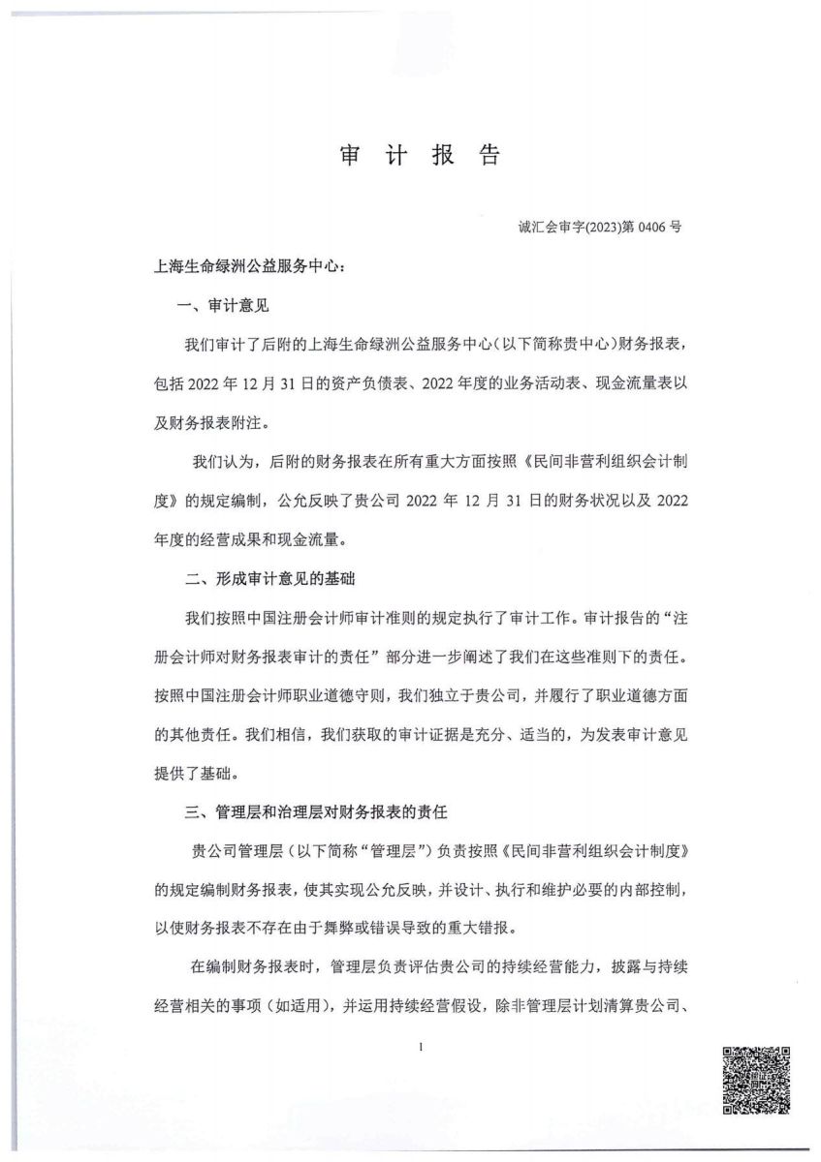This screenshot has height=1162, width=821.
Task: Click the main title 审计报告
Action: (420, 156)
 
